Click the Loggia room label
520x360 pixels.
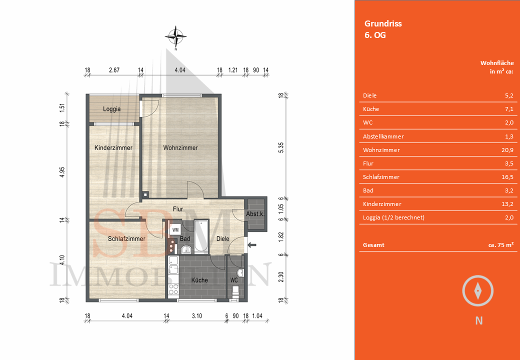pyautogui.click(x=111, y=109)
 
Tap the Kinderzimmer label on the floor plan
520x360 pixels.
pyautogui.click(x=113, y=148)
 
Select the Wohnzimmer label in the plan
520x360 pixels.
pyautogui.click(x=180, y=148)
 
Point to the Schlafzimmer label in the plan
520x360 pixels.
pyautogui.click(x=126, y=239)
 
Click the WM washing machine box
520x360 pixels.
pyautogui.click(x=175, y=229)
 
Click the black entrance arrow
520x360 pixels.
pyautogui.click(x=252, y=245)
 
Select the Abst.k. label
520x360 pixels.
pyautogui.click(x=255, y=214)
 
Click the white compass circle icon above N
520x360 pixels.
pyautogui.click(x=478, y=290)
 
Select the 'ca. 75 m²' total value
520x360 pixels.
pyautogui.click(x=500, y=245)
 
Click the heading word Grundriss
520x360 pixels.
pyautogui.click(x=383, y=23)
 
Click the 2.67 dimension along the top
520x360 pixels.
pyautogui.click(x=114, y=70)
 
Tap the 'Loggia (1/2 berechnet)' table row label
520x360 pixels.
pyautogui.click(x=393, y=217)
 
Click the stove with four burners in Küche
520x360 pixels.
pyautogui.click(x=173, y=289)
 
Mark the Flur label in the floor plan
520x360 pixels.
pyautogui.click(x=177, y=209)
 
